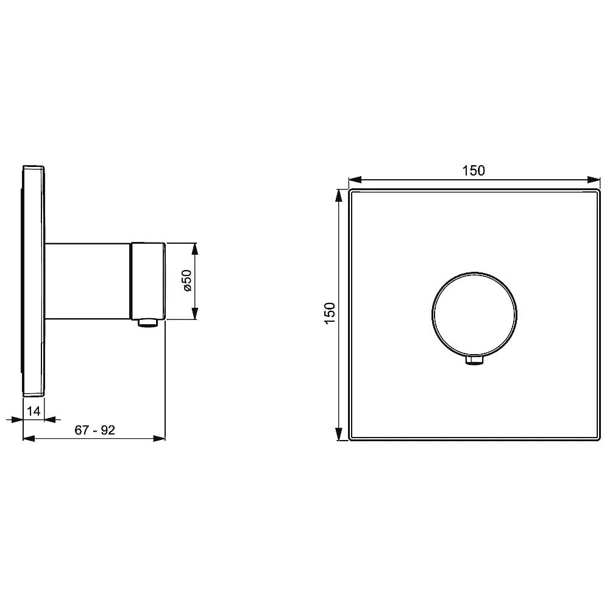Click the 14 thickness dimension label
point(34,411)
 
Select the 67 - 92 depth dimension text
point(95,430)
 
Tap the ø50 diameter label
point(186,281)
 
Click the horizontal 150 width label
point(474,170)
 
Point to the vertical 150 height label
point(330,314)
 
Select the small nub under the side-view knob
point(148,322)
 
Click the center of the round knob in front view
point(474,314)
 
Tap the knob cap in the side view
point(148,281)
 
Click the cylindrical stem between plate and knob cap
point(88,282)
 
